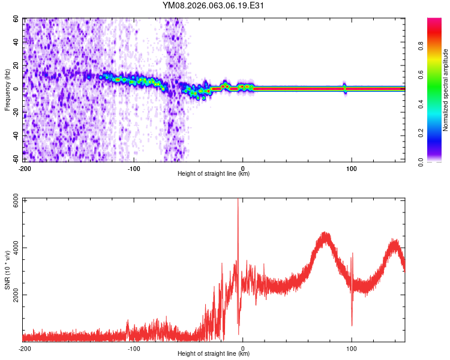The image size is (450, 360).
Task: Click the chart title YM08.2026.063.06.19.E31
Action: (214, 6)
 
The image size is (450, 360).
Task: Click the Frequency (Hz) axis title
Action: (8, 90)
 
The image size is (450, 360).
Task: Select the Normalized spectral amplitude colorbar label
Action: (446, 90)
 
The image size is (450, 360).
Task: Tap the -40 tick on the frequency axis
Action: (16, 136)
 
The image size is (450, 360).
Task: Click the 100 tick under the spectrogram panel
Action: (352, 168)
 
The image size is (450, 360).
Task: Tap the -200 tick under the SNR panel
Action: (25, 348)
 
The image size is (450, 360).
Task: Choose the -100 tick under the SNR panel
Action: (134, 348)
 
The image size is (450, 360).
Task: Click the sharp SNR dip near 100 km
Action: (352, 325)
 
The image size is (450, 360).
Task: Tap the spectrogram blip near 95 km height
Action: (345, 88)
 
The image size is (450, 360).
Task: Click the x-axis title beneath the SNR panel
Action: (214, 354)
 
